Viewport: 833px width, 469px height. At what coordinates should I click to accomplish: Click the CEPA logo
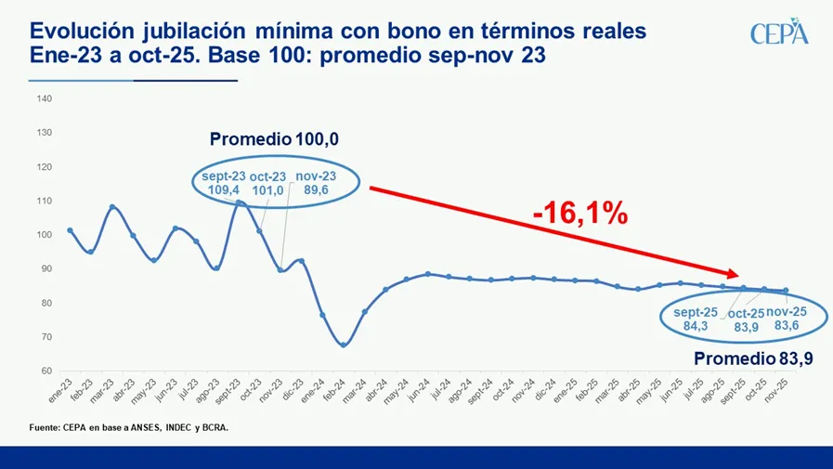click(779, 33)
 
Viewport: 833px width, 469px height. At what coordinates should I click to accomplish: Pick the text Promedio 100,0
click(274, 139)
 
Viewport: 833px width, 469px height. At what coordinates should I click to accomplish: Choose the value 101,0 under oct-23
click(268, 191)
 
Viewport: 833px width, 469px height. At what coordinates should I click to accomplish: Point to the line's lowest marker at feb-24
click(344, 345)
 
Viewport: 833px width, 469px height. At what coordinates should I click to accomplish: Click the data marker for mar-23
click(112, 207)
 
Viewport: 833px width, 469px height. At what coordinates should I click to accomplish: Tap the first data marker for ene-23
click(70, 230)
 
